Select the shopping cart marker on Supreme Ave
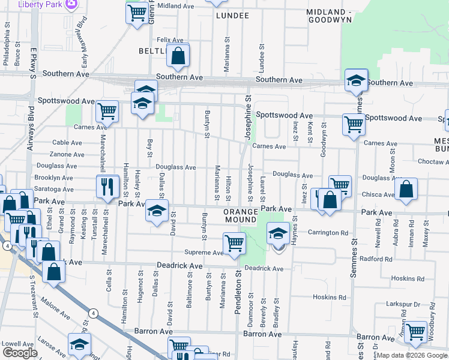[234, 243]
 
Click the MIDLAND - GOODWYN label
[328, 16]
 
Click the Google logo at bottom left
[20, 353]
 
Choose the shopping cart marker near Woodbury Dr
[415, 332]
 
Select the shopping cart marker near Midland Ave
[137, 11]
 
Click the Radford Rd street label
[377, 259]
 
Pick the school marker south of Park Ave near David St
[157, 212]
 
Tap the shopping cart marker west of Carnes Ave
[107, 110]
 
